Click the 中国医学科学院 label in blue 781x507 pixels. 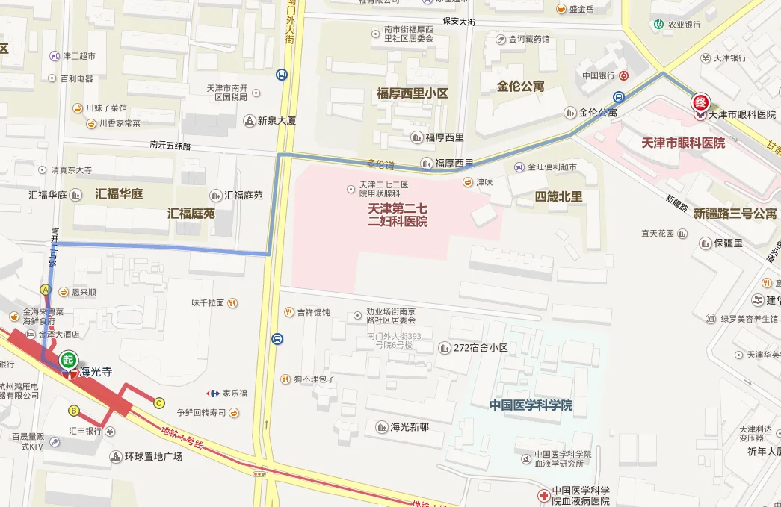[x=531, y=405]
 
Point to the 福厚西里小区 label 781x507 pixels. [x=413, y=93]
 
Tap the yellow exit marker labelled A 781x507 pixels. [x=46, y=289]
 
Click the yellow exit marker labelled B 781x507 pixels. [x=73, y=410]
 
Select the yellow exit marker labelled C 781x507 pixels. [x=159, y=403]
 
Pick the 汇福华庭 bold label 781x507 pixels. [x=119, y=193]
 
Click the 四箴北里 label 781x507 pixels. [x=558, y=197]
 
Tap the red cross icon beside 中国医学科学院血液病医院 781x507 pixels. [x=543, y=495]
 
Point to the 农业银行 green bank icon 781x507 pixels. [x=658, y=24]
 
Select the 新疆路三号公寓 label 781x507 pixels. [x=734, y=214]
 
